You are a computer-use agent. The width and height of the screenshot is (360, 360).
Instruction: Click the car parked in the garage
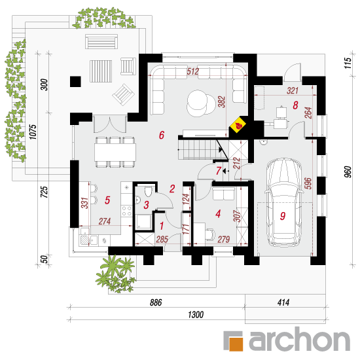click(283, 202)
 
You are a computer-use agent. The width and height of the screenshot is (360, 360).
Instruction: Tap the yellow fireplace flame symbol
click(238, 125)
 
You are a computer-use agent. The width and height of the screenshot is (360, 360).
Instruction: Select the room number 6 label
click(162, 135)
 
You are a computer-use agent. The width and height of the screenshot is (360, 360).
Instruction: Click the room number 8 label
click(295, 105)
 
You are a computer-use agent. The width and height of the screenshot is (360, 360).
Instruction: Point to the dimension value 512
click(192, 71)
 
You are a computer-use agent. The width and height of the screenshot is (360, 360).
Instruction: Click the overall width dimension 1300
click(196, 315)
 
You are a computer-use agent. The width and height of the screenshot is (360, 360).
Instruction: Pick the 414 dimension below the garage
click(283, 302)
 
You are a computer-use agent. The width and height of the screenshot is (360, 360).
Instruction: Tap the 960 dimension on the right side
click(348, 171)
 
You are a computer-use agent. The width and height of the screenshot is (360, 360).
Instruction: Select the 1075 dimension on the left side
click(33, 132)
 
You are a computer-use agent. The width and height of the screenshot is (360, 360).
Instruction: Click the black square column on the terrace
click(75, 82)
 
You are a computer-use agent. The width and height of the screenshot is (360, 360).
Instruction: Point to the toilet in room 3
click(149, 192)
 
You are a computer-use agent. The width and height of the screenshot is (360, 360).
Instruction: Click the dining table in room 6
click(115, 152)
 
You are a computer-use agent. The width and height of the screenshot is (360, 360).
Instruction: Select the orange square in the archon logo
click(236, 344)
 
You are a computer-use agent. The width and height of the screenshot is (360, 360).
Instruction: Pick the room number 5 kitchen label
click(107, 200)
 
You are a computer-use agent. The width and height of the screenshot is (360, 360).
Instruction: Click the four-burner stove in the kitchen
click(126, 211)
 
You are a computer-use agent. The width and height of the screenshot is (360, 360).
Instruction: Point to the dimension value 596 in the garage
click(308, 183)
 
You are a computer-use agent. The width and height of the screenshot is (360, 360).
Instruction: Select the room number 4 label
click(218, 214)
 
